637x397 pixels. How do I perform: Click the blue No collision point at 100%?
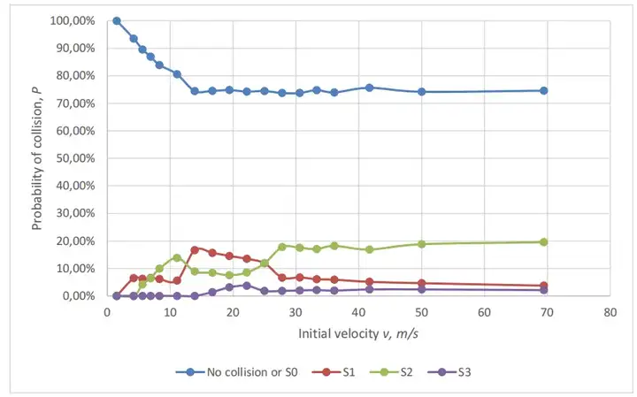[116, 20]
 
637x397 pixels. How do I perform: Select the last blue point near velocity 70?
[544, 90]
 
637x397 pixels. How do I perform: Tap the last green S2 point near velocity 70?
[544, 241]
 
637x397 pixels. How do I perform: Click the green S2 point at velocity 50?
[422, 244]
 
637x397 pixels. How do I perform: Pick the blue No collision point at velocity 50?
[422, 91]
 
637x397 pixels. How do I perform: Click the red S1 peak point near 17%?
[195, 249]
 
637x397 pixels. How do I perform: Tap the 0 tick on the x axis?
[107, 312]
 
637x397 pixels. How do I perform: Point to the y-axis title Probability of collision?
[37, 159]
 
